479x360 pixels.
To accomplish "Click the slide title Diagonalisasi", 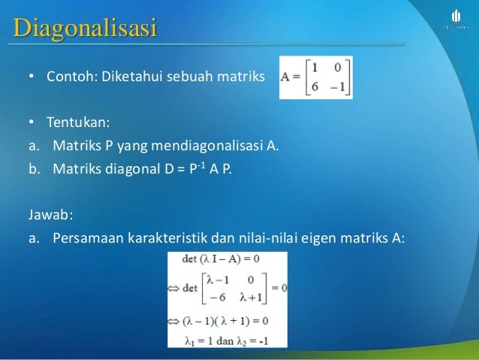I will click(x=84, y=29).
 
